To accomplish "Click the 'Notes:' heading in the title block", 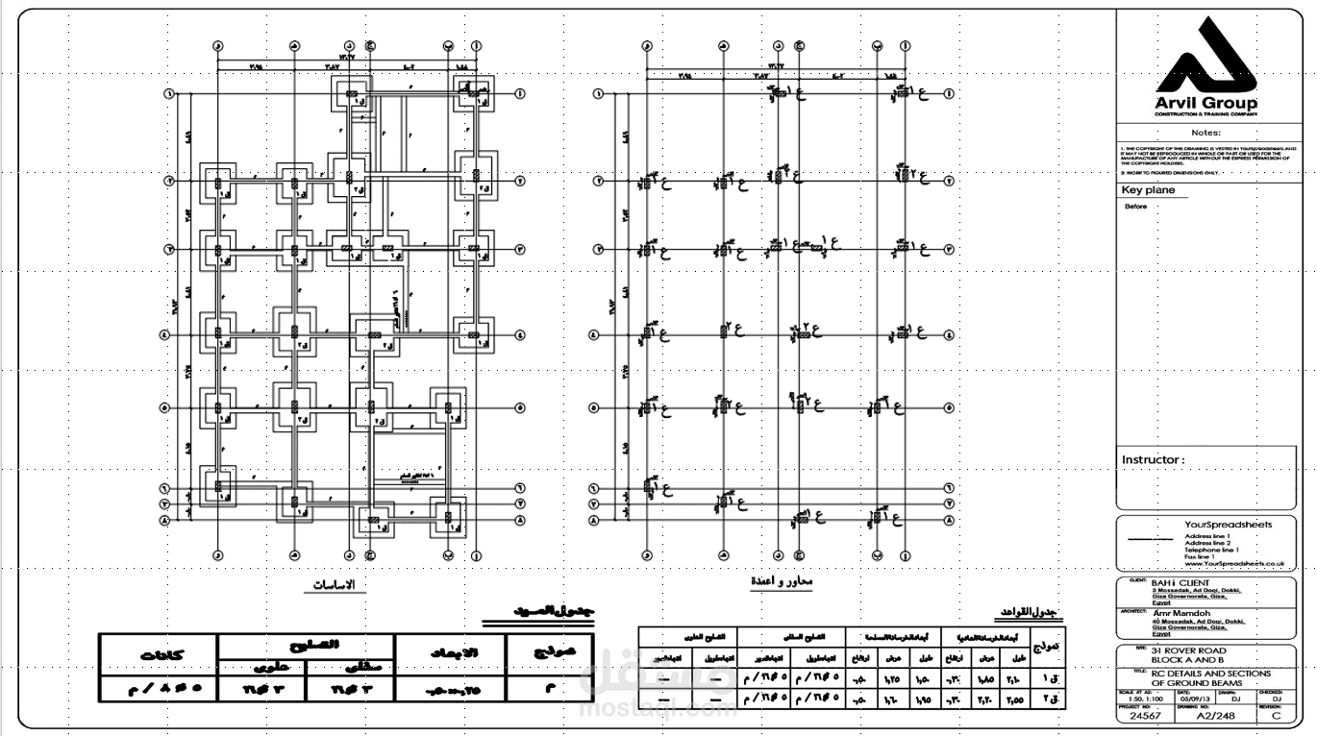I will click(1205, 133).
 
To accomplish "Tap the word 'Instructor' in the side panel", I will click(1150, 460).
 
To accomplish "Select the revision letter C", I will click(1276, 716).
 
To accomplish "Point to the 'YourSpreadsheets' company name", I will click(1229, 525).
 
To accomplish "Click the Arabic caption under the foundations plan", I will click(335, 585).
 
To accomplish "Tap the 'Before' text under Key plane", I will click(1135, 207).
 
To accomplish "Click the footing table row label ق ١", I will click(1047, 676).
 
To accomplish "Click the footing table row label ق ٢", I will click(1047, 699).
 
